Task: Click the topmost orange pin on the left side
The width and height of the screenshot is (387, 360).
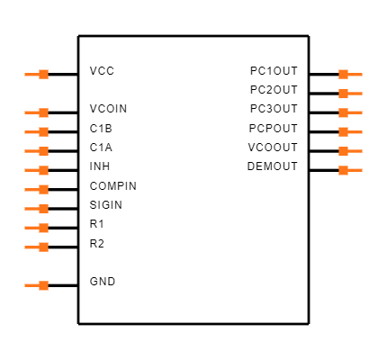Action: coord(37,74)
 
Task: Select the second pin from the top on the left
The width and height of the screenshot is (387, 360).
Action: coord(37,112)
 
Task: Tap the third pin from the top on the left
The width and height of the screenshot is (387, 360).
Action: coord(37,131)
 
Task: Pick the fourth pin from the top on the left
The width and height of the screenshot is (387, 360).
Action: coord(37,151)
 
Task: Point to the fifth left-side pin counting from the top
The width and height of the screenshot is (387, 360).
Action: coord(37,170)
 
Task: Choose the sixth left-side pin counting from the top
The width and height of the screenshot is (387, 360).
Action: coord(37,189)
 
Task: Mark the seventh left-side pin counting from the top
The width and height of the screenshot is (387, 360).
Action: coord(37,209)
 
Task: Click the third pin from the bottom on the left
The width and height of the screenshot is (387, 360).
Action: coord(37,228)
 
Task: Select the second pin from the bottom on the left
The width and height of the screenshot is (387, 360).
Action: coord(37,247)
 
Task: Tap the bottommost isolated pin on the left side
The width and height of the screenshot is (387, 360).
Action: coord(37,285)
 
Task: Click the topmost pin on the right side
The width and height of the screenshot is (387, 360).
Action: coord(350,74)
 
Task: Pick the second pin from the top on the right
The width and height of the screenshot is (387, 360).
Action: coord(350,94)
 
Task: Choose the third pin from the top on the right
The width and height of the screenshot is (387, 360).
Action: coord(350,112)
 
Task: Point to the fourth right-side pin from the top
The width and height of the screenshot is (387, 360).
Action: coord(350,131)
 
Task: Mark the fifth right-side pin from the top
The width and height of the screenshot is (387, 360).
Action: coord(350,151)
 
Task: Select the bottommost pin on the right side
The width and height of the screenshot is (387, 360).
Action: coord(350,170)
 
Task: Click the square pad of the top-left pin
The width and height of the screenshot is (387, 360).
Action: coord(43,74)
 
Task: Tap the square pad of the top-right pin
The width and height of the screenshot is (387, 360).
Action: coord(343,74)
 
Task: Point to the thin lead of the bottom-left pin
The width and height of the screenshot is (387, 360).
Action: coord(31,285)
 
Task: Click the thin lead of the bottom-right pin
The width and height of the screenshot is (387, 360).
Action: coord(356,170)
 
